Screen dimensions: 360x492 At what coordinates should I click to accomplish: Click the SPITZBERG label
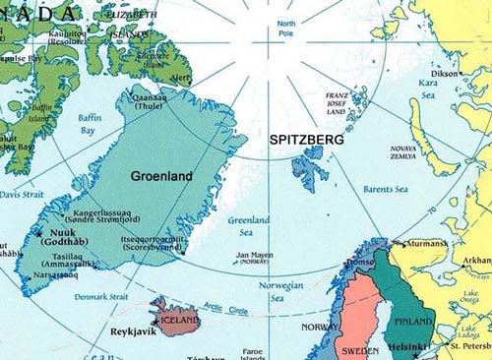[x=306, y=142]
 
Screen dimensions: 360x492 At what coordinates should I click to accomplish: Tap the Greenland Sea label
[x=249, y=227]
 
